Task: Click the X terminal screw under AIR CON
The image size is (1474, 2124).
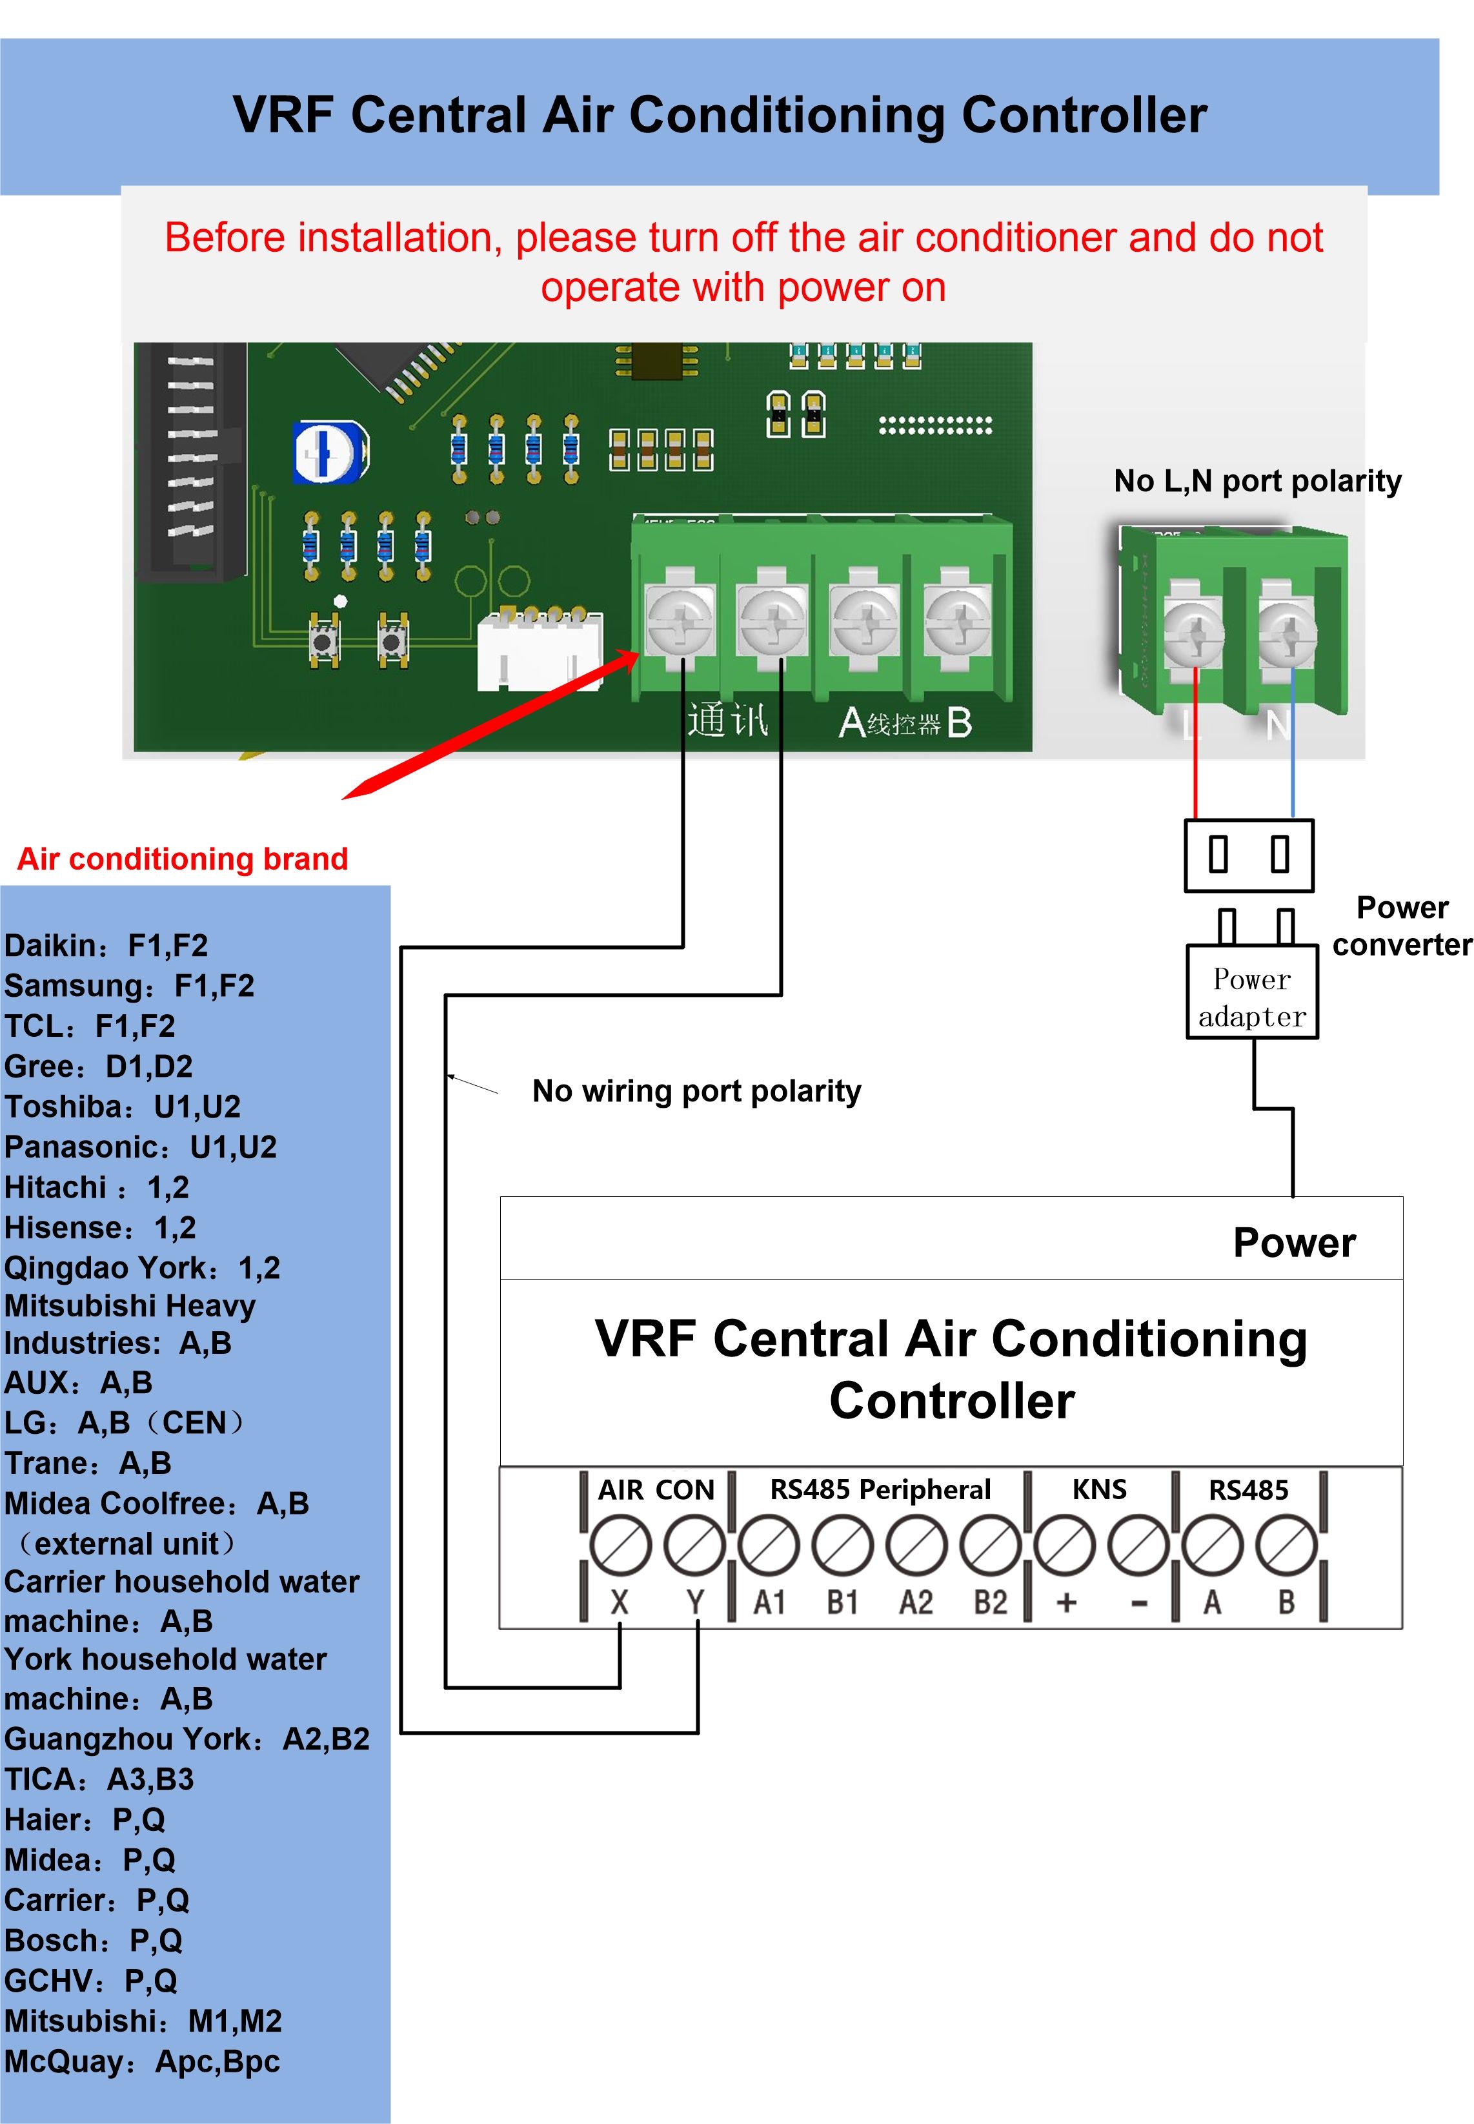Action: point(620,1547)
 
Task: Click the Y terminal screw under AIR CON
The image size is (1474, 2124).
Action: point(694,1547)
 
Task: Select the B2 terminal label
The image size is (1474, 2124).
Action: point(990,1602)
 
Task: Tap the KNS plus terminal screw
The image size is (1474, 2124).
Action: point(1065,1547)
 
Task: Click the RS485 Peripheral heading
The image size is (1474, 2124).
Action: point(879,1489)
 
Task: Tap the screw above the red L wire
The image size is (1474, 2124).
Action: point(1194,634)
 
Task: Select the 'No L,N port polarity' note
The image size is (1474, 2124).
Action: point(1257,482)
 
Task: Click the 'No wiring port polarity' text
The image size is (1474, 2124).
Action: point(696,1091)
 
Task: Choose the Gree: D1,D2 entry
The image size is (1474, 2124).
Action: point(99,1066)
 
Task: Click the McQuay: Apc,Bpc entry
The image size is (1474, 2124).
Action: point(141,2062)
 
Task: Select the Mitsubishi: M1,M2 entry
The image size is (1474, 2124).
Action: point(143,2021)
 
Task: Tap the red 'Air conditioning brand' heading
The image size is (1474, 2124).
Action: point(183,859)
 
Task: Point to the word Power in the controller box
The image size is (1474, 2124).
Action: point(1294,1243)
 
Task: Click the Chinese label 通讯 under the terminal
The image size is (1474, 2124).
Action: point(727,720)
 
